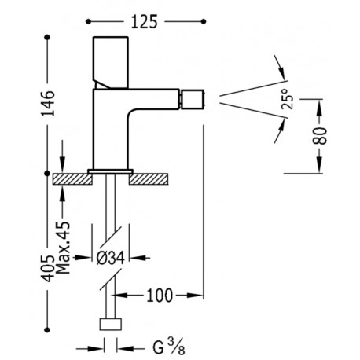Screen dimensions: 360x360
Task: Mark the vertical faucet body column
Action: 110,130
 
